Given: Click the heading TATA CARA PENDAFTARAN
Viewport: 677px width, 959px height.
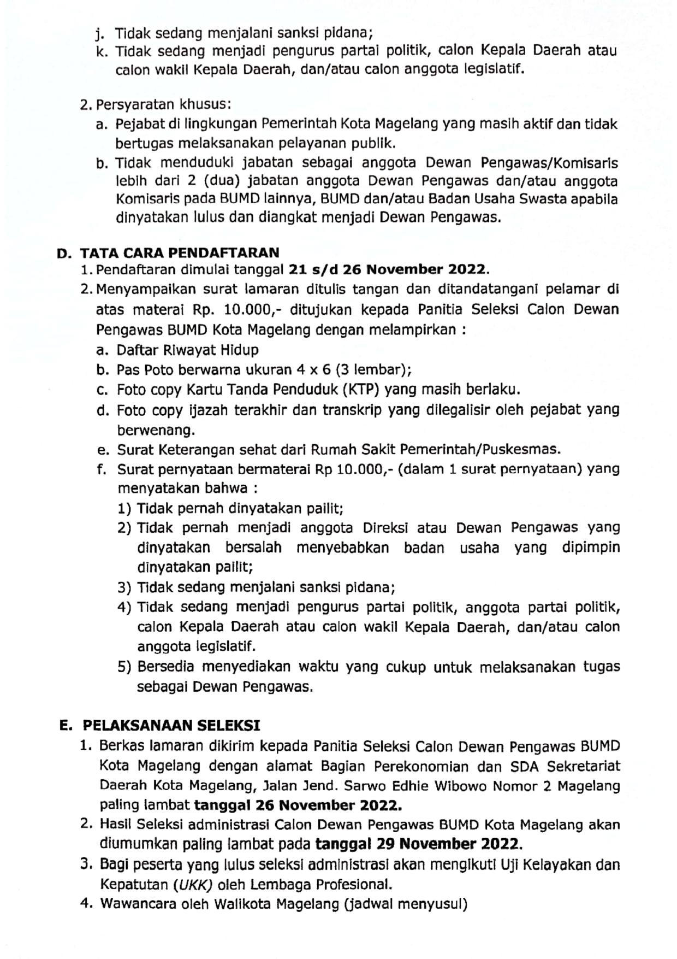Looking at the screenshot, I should click(180, 252).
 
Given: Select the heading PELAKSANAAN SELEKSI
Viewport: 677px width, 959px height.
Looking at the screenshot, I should click(171, 725).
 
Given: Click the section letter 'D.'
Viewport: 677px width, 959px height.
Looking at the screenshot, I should click(64, 253).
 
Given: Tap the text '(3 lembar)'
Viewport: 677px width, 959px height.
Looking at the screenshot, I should click(373, 370).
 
